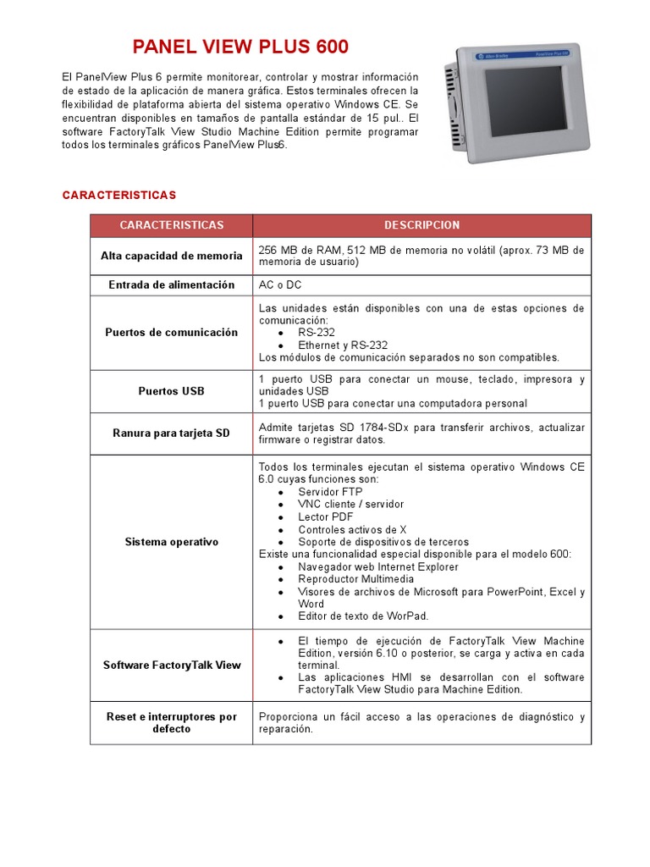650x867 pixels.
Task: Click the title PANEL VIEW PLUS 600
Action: click(240, 47)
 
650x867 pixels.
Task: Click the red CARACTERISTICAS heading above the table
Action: click(118, 196)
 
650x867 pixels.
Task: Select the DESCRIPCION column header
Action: click(421, 225)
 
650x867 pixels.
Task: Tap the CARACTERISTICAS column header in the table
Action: click(171, 225)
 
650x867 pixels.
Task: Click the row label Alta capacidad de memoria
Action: click(171, 256)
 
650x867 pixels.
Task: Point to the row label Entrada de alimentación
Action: click(171, 285)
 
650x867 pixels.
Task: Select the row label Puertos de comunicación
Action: click(171, 333)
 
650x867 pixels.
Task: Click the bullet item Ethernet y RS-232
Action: click(343, 345)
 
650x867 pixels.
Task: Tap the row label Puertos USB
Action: click(171, 391)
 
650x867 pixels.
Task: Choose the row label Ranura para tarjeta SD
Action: click(171, 433)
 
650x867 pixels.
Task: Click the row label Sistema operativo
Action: click(171, 542)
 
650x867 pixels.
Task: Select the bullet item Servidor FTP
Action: click(330, 492)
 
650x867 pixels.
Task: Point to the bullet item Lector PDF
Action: click(326, 516)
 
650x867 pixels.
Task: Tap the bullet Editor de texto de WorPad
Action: click(363, 616)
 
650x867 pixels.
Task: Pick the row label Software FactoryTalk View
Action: click(171, 665)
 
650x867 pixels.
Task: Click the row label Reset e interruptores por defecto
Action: click(171, 722)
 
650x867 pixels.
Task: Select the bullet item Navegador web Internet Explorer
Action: click(378, 566)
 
